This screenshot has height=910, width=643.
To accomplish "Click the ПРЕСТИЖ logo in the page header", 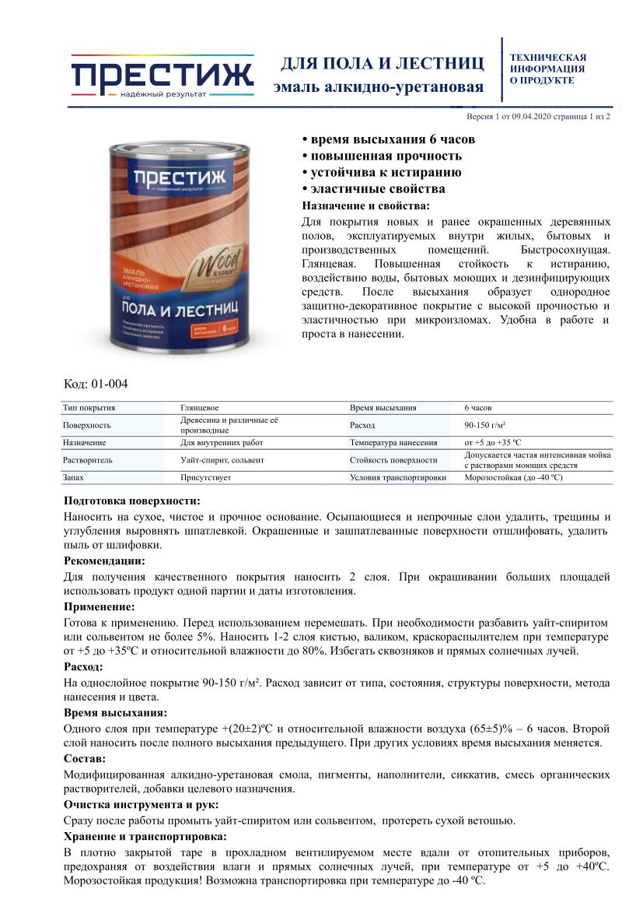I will pyautogui.click(x=162, y=75).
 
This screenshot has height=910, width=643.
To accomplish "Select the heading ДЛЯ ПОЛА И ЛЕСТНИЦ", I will pyautogui.click(x=382, y=63).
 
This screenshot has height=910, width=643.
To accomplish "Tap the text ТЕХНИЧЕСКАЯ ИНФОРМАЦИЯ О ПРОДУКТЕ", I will pyautogui.click(x=547, y=69).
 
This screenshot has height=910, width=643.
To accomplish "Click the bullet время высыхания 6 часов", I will pyautogui.click(x=388, y=139).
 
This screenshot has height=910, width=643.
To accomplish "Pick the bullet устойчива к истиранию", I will pyautogui.click(x=382, y=172).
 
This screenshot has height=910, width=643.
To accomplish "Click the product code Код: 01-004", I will pyautogui.click(x=95, y=383).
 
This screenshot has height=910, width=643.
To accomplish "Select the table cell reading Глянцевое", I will pyautogui.click(x=200, y=407).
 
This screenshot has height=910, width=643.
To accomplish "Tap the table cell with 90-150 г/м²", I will pyautogui.click(x=485, y=425).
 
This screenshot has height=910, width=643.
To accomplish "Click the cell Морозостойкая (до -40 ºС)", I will pyautogui.click(x=513, y=477).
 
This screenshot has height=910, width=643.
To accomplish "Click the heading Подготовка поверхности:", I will pyautogui.click(x=131, y=501).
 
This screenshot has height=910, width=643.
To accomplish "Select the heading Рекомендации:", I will pyautogui.click(x=103, y=560).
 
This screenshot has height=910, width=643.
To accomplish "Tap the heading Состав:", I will pyautogui.click(x=85, y=758).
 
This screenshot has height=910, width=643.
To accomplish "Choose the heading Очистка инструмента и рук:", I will pyautogui.click(x=141, y=804).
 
